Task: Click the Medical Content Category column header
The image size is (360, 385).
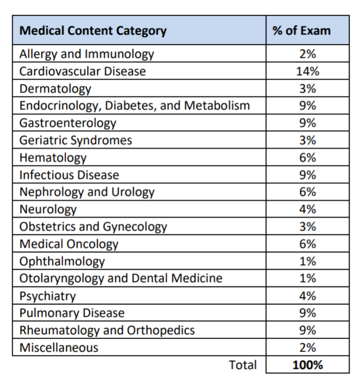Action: pyautogui.click(x=93, y=31)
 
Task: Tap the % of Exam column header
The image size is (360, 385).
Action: pyautogui.click(x=308, y=31)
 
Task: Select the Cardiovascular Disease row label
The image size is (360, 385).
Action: pyautogui.click(x=82, y=71)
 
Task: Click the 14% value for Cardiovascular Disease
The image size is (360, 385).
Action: pyautogui.click(x=308, y=71)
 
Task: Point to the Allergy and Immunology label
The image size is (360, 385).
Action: pyautogui.click(x=87, y=54)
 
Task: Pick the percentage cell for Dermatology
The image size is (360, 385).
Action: pyautogui.click(x=308, y=89)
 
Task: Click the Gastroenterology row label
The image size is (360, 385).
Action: pyautogui.click(x=68, y=123)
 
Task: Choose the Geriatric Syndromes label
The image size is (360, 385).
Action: pyautogui.click(x=75, y=140)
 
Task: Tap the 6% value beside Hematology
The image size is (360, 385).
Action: pyautogui.click(x=308, y=158)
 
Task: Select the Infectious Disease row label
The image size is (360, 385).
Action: pyautogui.click(x=69, y=175)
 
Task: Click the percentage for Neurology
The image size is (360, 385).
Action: pyautogui.click(x=308, y=209)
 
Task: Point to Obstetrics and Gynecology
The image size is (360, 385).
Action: pyautogui.click(x=93, y=227)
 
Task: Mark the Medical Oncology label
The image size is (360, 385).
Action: pyautogui.click(x=69, y=244)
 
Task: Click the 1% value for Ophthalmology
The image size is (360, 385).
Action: pyautogui.click(x=308, y=261)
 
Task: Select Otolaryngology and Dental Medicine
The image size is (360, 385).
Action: pyautogui.click(x=121, y=278)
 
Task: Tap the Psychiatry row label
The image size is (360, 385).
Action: pyautogui.click(x=48, y=296)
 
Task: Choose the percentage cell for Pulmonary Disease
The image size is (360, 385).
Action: pyautogui.click(x=308, y=313)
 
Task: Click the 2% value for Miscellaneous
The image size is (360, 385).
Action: pyautogui.click(x=308, y=347)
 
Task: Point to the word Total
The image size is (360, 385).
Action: pyautogui.click(x=243, y=365)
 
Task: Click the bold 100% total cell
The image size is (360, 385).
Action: pyautogui.click(x=308, y=365)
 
